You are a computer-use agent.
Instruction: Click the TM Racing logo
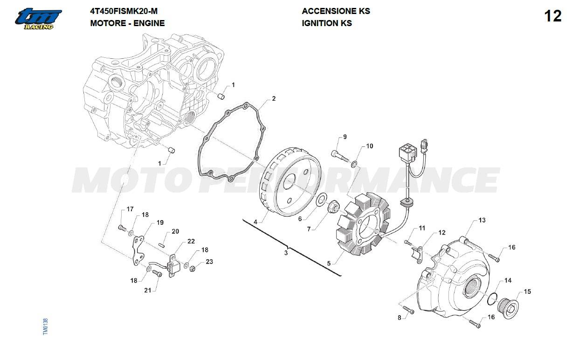38,19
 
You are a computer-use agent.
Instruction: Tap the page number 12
553,16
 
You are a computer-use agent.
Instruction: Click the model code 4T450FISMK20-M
124,11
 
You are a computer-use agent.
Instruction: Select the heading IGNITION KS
327,23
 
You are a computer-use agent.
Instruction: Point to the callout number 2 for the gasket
274,98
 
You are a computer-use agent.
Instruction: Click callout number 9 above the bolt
345,137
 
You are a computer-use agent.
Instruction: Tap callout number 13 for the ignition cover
482,220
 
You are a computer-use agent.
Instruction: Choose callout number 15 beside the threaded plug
527,291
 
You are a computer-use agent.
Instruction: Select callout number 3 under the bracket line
286,253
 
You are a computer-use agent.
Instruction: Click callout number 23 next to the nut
209,262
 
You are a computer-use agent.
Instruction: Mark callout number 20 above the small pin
175,231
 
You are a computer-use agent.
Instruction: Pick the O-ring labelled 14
492,299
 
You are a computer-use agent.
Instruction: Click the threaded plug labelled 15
509,308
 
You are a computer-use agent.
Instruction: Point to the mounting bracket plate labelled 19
138,250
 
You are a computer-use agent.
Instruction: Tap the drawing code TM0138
46,326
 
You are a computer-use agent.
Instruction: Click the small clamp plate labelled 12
417,255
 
